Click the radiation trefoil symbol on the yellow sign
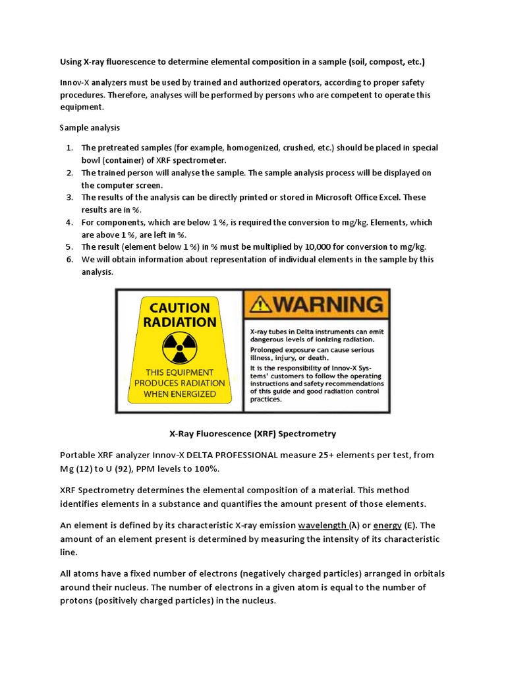coord(179,345)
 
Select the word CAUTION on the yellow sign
coord(179,308)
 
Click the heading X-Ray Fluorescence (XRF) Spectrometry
coord(253,434)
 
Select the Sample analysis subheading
coord(90,127)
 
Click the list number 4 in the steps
coord(69,222)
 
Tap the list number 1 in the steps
coord(69,148)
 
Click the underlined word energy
coord(387,525)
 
